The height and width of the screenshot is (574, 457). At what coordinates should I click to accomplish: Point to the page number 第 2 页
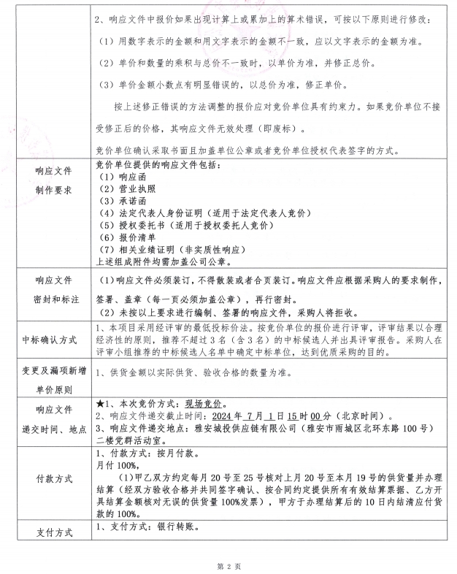coord(228,566)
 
